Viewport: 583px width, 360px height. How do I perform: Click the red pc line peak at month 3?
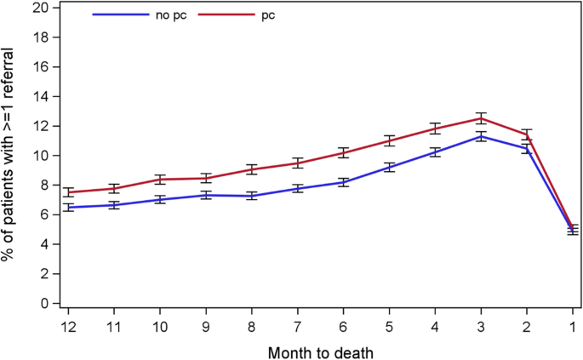click(x=480, y=118)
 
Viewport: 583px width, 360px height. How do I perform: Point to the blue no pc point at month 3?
click(x=480, y=136)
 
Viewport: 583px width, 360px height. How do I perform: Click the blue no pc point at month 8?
click(x=252, y=196)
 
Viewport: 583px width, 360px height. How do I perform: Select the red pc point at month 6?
click(x=343, y=153)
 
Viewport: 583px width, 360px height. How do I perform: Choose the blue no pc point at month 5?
click(x=388, y=168)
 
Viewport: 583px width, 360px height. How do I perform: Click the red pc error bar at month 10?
click(x=161, y=180)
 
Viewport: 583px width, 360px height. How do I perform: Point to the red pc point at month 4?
click(x=434, y=129)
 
